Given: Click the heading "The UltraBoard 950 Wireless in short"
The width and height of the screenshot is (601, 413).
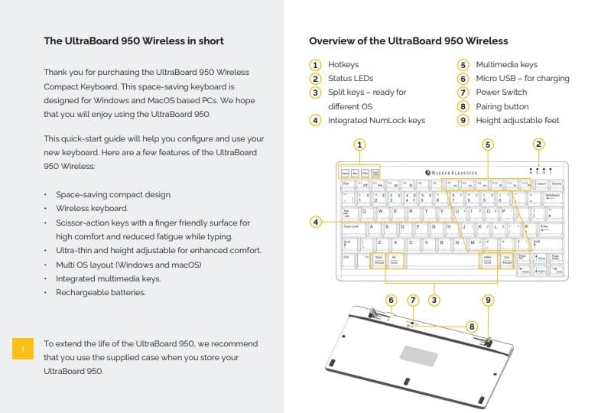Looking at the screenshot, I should point(134,41).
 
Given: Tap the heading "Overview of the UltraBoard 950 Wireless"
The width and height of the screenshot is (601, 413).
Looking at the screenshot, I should point(408,41).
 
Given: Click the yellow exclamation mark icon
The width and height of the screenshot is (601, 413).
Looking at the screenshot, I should point(23,349).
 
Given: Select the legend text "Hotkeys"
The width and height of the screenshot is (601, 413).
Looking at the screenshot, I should point(343,65).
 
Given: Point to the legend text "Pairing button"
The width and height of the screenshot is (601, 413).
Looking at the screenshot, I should point(502,106).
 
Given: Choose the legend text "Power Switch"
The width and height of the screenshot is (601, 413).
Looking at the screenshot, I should point(501,93).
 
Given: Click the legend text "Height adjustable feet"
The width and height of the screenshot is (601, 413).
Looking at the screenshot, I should point(518,120).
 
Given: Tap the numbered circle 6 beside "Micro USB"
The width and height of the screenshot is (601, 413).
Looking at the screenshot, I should point(463,79).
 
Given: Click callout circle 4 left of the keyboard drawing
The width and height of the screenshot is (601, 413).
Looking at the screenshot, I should point(315,223).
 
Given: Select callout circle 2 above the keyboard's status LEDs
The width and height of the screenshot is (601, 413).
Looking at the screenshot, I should point(538,144).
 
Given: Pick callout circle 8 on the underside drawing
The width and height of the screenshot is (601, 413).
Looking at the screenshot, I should point(472,327).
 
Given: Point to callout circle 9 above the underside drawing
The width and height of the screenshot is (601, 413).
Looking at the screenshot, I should point(489,301).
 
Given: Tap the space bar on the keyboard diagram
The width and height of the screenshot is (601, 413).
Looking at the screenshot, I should point(441,261).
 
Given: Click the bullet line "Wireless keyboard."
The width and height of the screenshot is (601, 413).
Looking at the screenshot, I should point(92,208).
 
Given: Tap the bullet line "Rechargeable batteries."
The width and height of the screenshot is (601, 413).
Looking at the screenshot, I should point(100,292).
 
